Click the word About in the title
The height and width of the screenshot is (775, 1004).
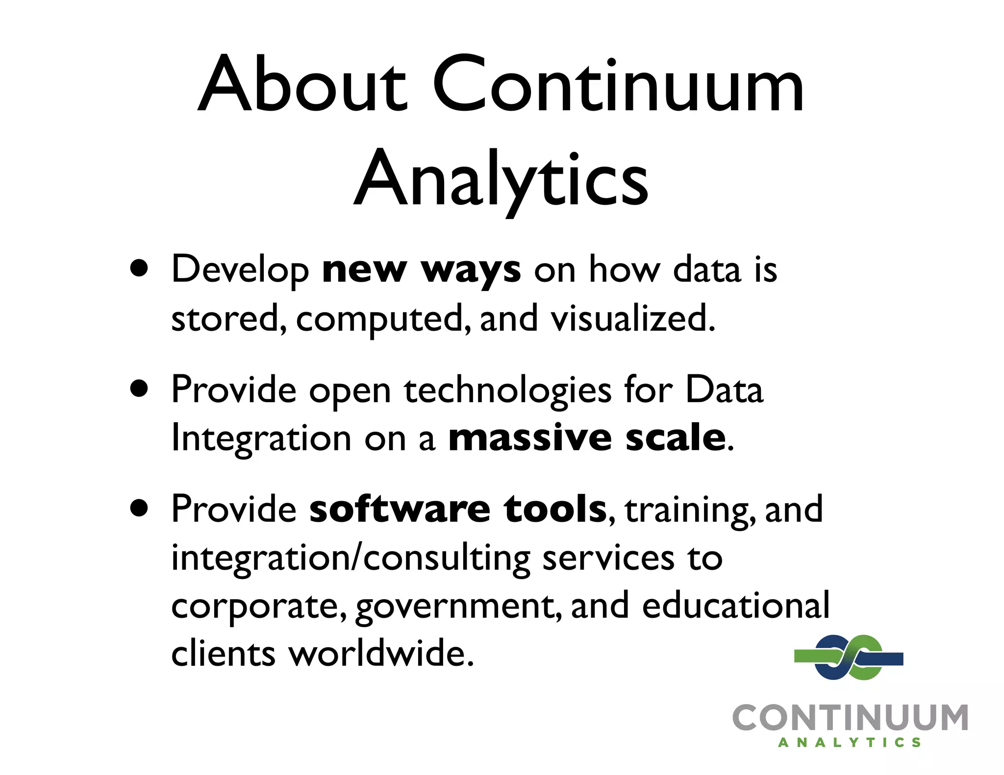[x=302, y=84]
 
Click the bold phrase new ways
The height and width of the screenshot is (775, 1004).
[x=421, y=269]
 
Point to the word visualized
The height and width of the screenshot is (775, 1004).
[x=632, y=318]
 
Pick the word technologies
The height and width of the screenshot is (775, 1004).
[x=507, y=390]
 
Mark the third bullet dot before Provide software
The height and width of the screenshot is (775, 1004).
[x=140, y=508]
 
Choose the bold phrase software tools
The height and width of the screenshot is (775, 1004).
[x=458, y=509]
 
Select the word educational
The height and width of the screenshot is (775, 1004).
[x=735, y=605]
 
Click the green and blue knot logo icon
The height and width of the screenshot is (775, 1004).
[x=849, y=657]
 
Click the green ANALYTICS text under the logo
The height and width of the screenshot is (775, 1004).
[x=850, y=743]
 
